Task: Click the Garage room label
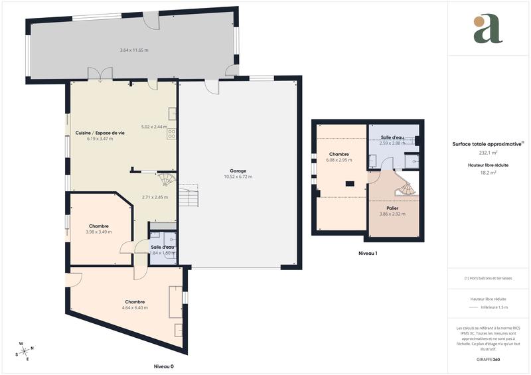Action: [238, 171]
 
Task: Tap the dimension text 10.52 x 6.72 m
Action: [238, 177]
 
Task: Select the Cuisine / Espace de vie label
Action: [100, 133]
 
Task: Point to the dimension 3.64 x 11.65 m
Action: [134, 50]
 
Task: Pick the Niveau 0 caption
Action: [163, 366]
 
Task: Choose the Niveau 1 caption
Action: [368, 254]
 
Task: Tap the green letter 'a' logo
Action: [488, 29]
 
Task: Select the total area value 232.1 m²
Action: [488, 152]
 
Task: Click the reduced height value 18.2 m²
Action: [488, 172]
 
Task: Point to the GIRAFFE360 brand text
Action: [488, 359]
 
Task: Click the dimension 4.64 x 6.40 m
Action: [135, 308]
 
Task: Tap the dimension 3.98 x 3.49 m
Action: [99, 232]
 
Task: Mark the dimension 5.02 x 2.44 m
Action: [155, 127]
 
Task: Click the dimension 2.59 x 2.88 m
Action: [392, 143]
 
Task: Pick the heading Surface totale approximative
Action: [487, 143]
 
